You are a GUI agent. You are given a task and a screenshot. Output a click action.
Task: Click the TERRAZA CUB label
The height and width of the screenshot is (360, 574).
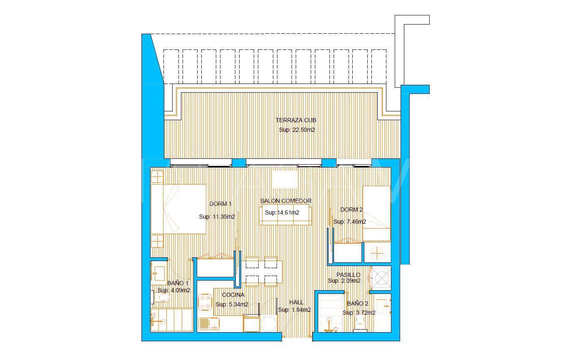(296, 121)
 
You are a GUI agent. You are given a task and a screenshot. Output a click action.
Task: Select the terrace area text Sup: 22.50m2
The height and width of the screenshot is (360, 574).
(297, 130)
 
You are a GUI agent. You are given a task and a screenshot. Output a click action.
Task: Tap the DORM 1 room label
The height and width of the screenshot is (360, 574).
(220, 204)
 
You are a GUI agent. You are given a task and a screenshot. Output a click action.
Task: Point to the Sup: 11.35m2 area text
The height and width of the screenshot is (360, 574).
(217, 217)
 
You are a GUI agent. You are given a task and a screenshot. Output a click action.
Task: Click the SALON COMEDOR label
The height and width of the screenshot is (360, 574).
(286, 201)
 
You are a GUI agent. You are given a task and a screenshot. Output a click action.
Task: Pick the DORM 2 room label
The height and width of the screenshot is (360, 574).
(351, 210)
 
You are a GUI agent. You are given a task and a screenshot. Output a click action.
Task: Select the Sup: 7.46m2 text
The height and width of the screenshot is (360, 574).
(350, 222)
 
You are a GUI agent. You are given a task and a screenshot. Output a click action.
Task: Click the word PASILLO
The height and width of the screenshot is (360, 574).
(348, 275)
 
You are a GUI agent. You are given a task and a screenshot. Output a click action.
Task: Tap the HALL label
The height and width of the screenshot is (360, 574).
(297, 302)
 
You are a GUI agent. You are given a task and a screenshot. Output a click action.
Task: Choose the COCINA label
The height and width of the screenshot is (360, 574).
(233, 295)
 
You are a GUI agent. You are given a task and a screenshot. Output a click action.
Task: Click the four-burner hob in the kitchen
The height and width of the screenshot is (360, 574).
(205, 302)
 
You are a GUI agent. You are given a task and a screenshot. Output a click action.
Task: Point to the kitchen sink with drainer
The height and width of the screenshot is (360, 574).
(209, 323)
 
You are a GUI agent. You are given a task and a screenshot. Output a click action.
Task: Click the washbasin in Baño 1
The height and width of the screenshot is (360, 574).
(158, 273)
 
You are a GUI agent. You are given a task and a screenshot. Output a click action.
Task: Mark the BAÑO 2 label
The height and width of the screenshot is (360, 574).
(358, 304)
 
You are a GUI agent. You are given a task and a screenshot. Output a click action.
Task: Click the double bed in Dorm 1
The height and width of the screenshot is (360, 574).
(178, 209)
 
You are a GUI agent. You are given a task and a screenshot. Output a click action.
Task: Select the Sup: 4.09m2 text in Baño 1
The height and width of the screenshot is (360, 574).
(173, 290)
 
